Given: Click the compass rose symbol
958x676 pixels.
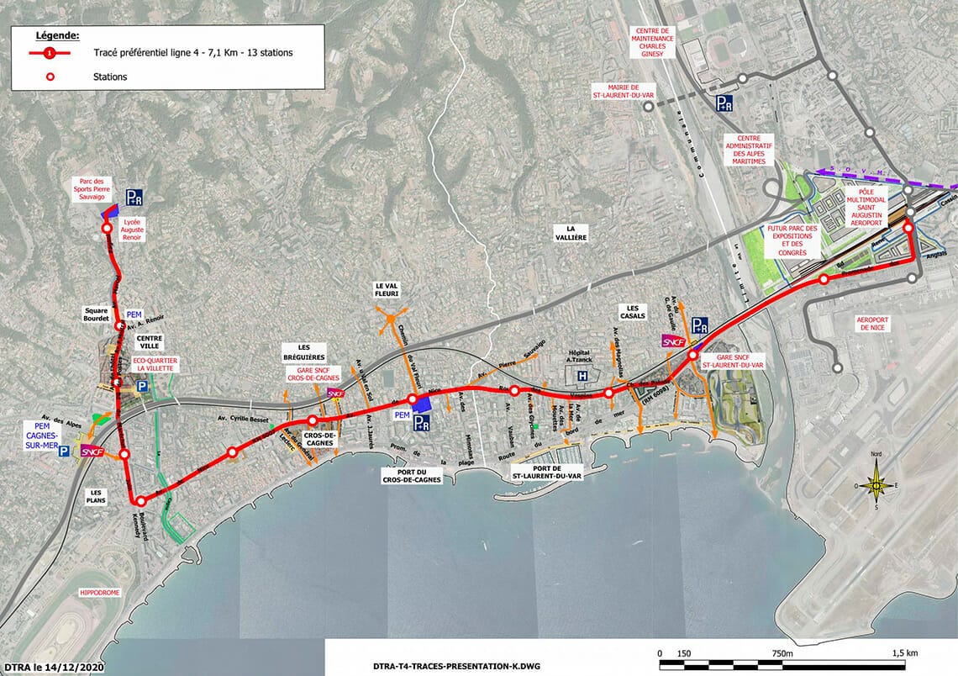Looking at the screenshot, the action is point(876,485).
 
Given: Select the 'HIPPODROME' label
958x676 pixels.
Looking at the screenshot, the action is point(99,593).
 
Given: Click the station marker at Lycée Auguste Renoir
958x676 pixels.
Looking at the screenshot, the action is point(107,229).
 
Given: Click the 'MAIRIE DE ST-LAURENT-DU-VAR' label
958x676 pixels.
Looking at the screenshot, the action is point(618,92).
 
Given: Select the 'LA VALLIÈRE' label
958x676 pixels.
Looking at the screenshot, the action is point(576,233).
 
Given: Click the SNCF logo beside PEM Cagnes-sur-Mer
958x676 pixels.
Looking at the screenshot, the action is point(92,452).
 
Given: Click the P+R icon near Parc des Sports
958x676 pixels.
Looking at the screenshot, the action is point(134,197).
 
